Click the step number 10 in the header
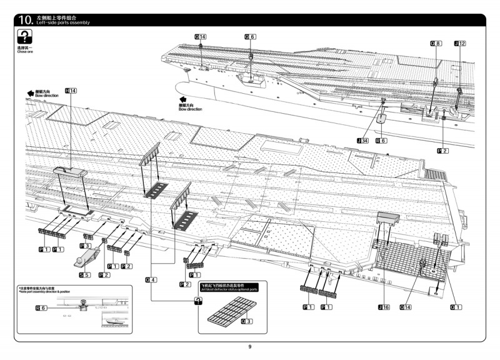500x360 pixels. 26,21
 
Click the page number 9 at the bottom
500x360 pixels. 249,347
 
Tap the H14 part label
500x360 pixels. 71,91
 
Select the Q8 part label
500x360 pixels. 436,43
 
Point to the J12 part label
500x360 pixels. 459,43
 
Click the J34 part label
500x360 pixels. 362,141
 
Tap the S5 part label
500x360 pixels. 85,275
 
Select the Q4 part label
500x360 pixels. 150,279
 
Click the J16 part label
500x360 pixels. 383,307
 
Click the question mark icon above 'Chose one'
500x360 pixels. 25,36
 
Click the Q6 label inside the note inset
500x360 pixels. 41,307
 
